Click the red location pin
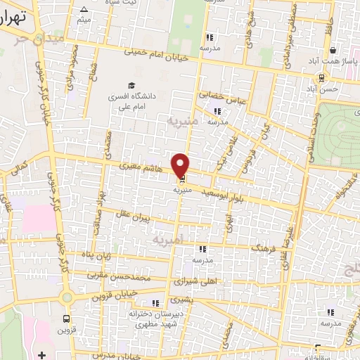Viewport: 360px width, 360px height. tap(181, 165)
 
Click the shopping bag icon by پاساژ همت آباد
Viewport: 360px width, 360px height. tap(333, 51)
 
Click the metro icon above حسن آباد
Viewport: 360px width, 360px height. tap(321, 79)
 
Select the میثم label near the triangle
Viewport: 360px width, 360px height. tap(84, 19)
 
